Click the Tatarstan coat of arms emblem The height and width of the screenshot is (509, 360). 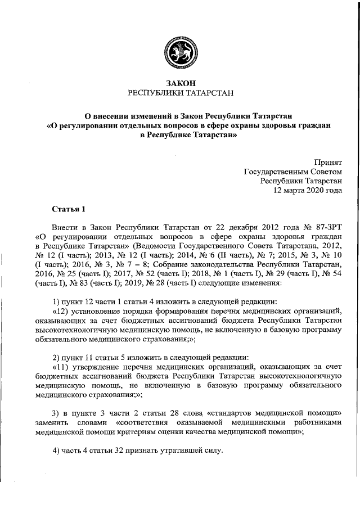180,53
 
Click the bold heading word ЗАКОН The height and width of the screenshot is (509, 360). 180,83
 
